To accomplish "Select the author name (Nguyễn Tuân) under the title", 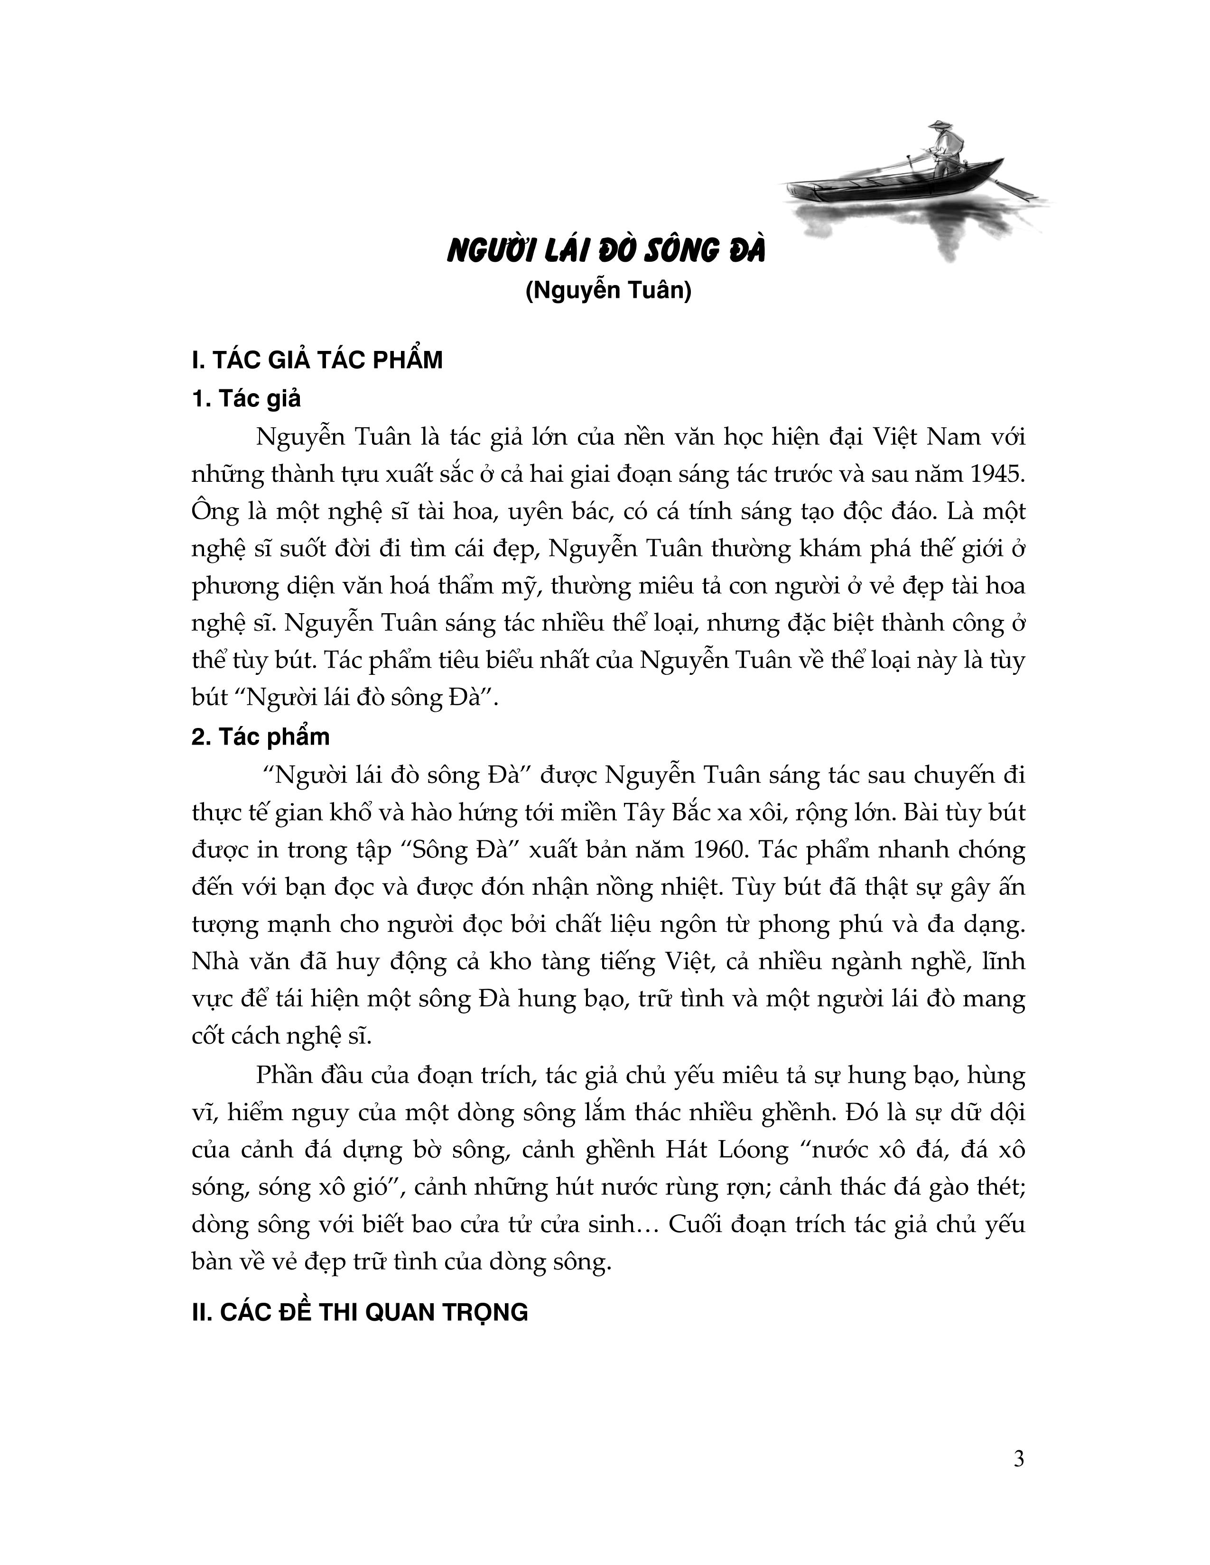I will [x=608, y=292].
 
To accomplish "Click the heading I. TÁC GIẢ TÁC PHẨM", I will [x=317, y=360].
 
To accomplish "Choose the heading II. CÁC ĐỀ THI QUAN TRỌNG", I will [x=360, y=1313].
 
